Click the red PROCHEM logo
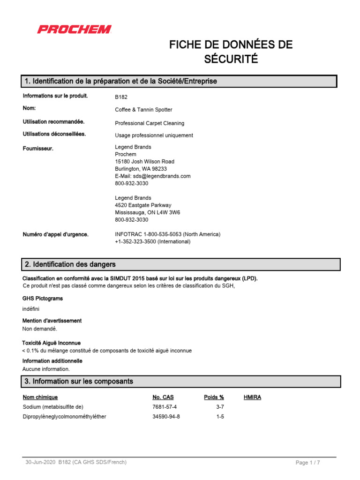(74, 30)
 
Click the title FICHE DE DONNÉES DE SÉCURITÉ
(231, 52)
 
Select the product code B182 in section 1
(121, 97)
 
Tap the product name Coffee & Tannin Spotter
(143, 110)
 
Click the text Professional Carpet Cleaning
(150, 123)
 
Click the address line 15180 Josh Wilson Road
(144, 161)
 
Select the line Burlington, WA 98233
(141, 169)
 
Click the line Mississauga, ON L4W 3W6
(147, 212)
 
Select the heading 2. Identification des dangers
(70, 265)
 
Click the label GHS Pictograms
(43, 298)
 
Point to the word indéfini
(31, 309)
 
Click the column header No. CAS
(163, 397)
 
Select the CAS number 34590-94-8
(166, 417)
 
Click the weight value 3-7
(220, 407)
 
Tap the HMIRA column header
(252, 397)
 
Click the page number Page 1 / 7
(307, 463)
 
